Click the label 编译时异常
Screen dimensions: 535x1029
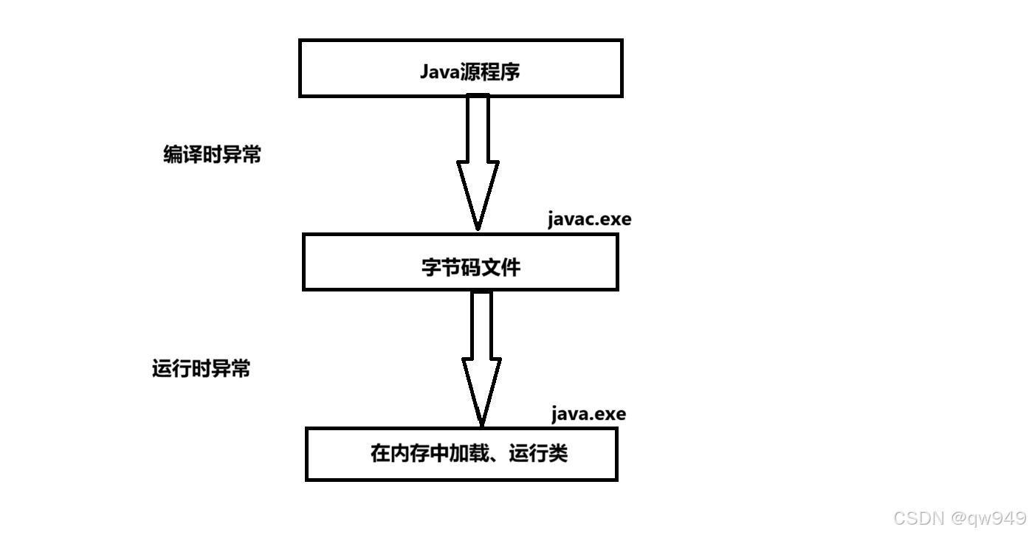[212, 155]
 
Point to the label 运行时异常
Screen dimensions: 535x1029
[201, 368]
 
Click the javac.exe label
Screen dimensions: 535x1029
[589, 219]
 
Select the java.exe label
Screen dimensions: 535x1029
[588, 414]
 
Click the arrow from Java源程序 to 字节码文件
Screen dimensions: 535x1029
[478, 148]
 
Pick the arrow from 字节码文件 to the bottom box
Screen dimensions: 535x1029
[481, 347]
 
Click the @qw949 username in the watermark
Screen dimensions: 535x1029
[989, 518]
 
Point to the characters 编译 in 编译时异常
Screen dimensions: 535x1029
[183, 155]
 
